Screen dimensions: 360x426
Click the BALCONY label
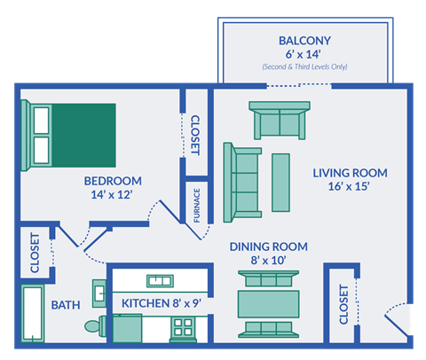[305, 41]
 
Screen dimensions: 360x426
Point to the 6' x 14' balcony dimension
[305, 55]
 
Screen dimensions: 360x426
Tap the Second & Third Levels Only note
[305, 67]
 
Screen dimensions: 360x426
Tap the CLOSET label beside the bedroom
[194, 135]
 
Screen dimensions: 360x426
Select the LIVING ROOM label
[341, 172]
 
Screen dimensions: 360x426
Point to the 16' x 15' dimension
[341, 186]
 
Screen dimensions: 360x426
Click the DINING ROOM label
[268, 247]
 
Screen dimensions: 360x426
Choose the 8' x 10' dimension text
[268, 261]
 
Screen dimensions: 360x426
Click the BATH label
[65, 305]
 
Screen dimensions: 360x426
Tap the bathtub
[34, 314]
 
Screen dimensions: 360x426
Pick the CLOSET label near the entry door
[343, 303]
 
